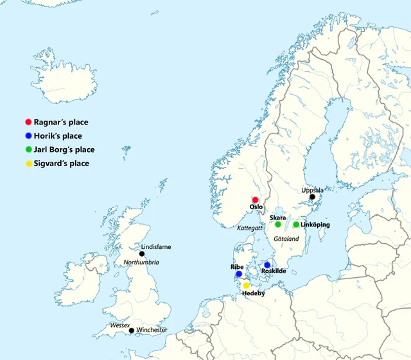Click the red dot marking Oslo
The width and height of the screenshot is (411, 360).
(255, 200)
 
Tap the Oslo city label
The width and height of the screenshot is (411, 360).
(256, 207)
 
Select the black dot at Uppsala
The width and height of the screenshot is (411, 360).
(313, 198)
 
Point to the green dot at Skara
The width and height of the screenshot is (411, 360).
(278, 225)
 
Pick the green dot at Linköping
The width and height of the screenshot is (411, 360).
(296, 225)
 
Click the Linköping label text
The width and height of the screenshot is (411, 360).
(315, 225)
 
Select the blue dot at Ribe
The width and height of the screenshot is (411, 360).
(239, 274)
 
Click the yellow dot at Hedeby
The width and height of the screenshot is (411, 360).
(246, 285)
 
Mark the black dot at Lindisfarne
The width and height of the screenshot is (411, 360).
(142, 254)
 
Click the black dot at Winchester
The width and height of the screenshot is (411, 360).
(132, 330)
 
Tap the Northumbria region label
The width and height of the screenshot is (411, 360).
(141, 262)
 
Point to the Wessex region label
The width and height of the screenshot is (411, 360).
(120, 325)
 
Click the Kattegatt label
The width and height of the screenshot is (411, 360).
(250, 228)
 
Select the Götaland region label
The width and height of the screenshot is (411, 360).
(286, 238)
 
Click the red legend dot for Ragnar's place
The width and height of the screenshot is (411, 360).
(28, 122)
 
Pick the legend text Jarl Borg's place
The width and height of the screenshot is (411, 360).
(65, 150)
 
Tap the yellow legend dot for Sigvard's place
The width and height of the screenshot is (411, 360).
(28, 164)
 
